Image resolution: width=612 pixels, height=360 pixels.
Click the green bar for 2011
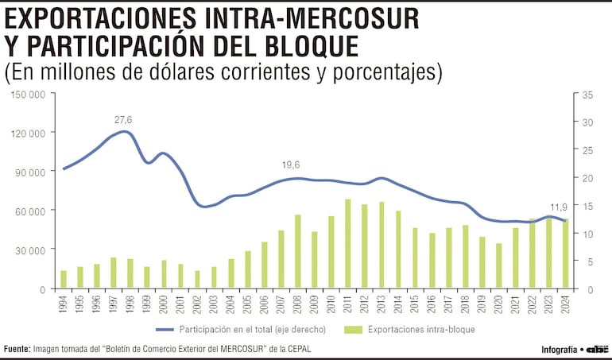(x=348, y=244)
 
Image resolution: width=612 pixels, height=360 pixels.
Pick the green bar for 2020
(x=498, y=265)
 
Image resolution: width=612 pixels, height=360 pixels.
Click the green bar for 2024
(x=565, y=254)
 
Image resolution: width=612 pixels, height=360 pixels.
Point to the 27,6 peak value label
(x=123, y=120)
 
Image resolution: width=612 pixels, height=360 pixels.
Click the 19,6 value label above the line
(x=291, y=165)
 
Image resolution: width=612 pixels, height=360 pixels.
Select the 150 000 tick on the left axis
(x=28, y=95)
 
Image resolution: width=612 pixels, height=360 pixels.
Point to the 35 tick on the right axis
(x=588, y=95)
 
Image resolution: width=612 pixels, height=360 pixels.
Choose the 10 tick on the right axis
(x=588, y=234)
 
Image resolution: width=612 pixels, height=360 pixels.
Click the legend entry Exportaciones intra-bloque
(x=411, y=328)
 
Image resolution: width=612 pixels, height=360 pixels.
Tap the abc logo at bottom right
(x=598, y=349)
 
